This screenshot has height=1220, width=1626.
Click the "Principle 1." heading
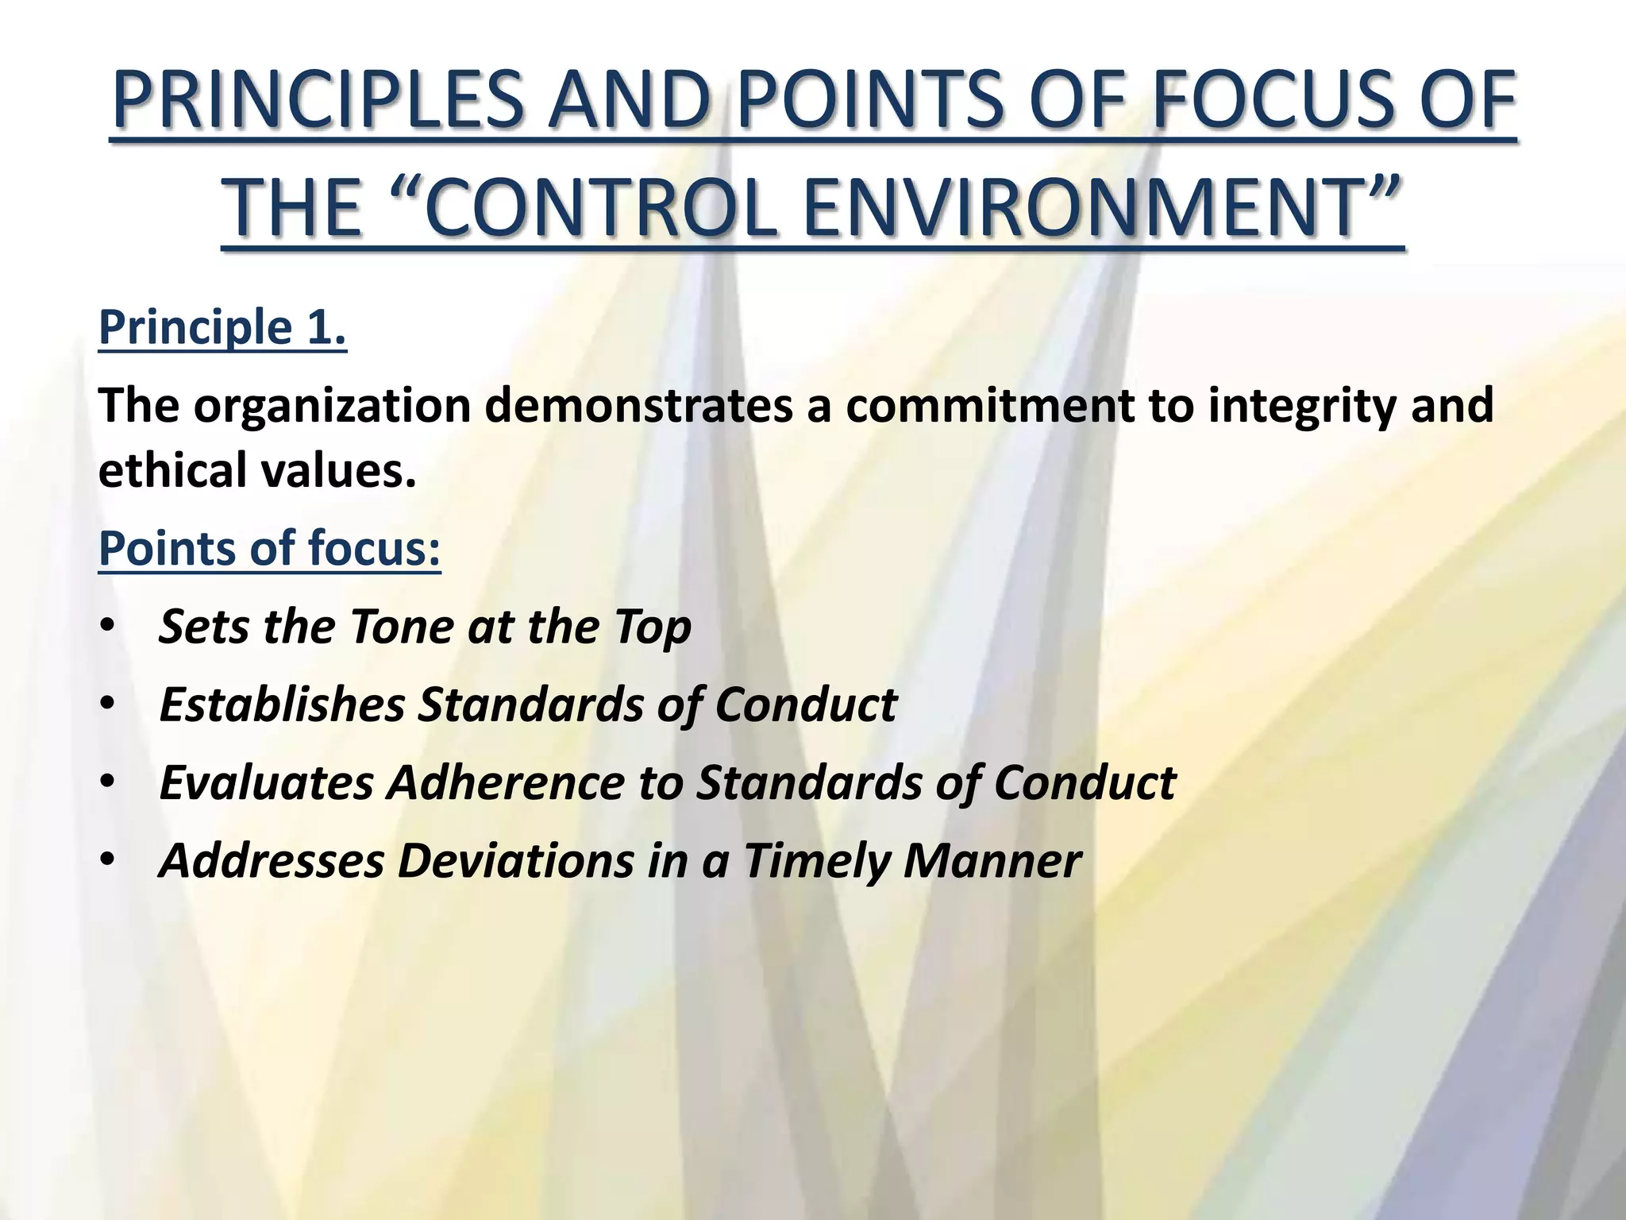tap(222, 327)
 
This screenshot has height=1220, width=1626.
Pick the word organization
tap(333, 407)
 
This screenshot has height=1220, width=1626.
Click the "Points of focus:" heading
tap(269, 548)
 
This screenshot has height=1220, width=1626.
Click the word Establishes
tap(282, 705)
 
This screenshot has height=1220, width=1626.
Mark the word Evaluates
tap(266, 782)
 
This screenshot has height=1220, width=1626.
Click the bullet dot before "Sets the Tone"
tap(108, 627)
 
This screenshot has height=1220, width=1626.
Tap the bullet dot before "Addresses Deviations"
tap(108, 860)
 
